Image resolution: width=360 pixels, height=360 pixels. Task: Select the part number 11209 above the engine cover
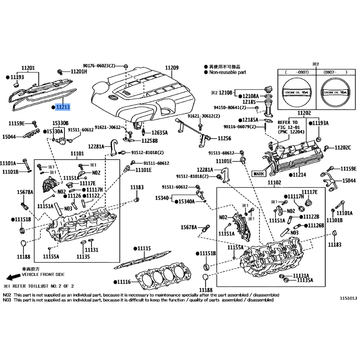tap(171, 68)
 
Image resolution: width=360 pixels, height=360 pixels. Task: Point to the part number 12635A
tap(159, 133)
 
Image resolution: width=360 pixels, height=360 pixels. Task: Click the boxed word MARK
tap(259, 173)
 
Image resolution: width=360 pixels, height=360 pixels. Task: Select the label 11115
tap(144, 248)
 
